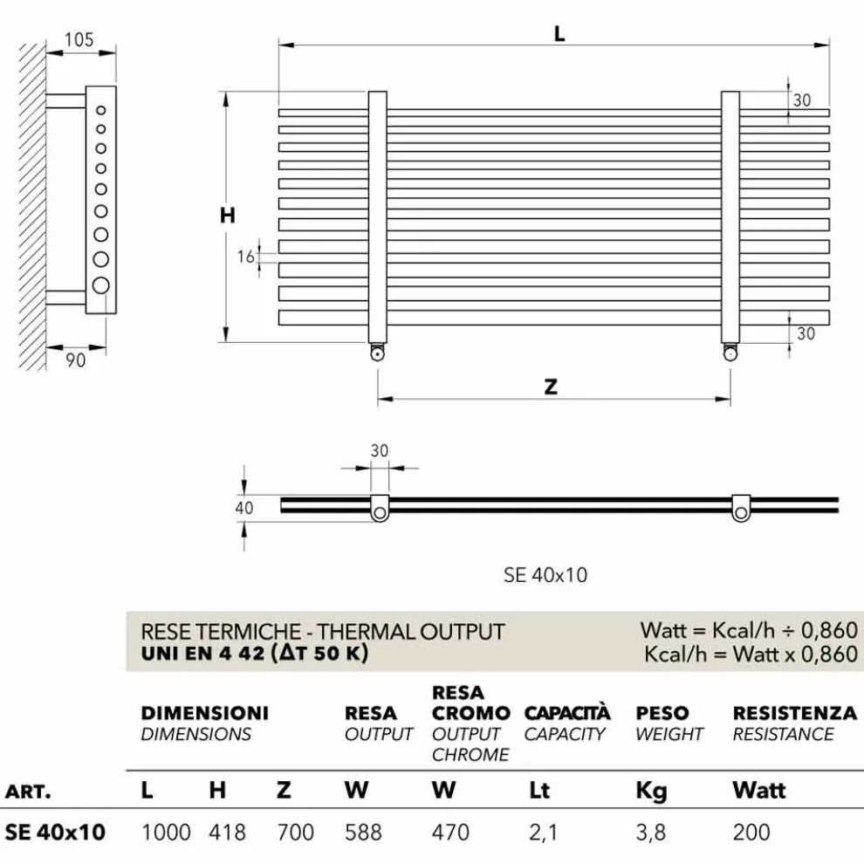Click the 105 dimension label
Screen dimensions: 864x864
[79, 39]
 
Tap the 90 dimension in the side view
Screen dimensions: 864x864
[76, 360]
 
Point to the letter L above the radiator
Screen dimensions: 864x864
[559, 34]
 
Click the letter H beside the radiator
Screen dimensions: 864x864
[228, 215]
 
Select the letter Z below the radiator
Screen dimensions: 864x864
[551, 387]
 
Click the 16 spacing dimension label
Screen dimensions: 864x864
[246, 257]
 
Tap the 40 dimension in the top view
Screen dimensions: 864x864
[244, 507]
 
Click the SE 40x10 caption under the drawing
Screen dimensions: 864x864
[545, 575]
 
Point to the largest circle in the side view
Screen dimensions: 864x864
[101, 285]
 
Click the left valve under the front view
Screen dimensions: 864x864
[377, 353]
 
